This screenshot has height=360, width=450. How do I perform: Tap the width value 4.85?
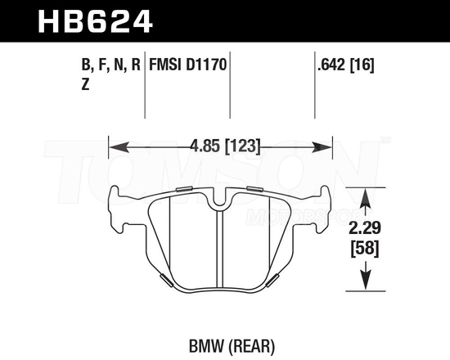tap(204, 147)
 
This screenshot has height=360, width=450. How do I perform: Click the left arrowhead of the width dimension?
tap(115, 147)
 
